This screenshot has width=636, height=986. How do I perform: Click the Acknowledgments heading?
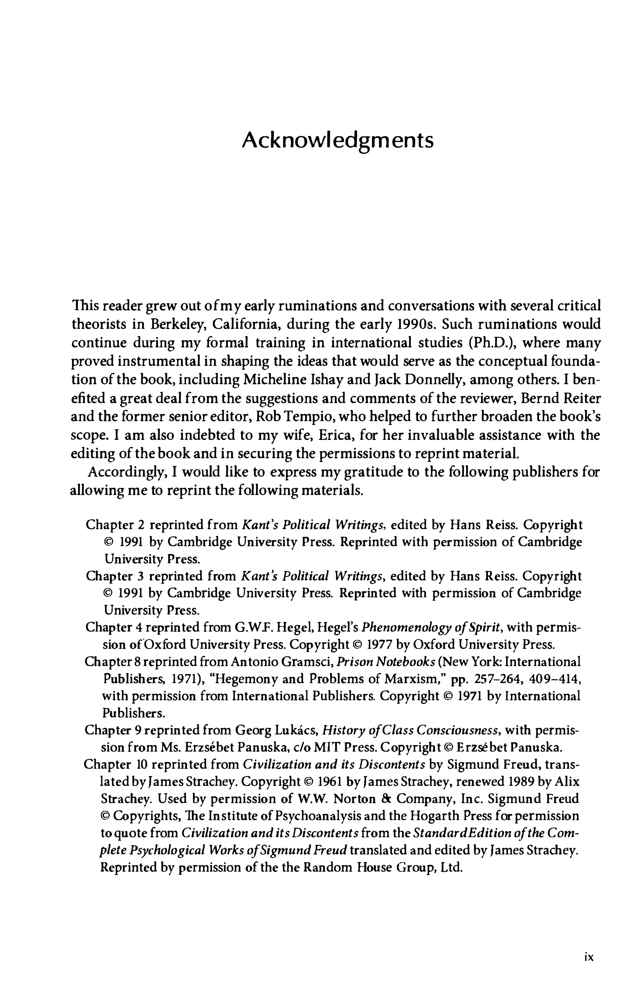338,141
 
